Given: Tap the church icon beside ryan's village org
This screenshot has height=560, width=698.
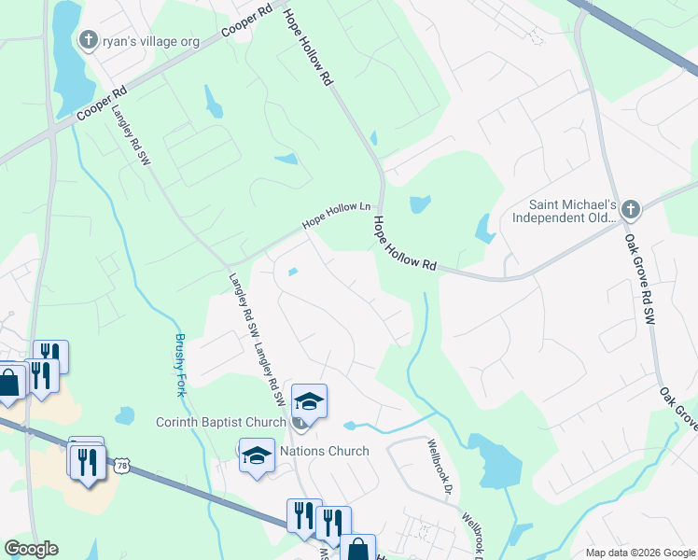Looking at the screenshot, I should click(89, 40).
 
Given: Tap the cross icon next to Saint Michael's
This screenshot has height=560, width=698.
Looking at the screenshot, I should click(630, 209).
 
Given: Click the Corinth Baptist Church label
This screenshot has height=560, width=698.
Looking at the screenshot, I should click(220, 423).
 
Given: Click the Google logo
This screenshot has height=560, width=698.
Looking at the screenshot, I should click(32, 549).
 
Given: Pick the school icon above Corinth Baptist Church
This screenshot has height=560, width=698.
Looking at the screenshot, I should click(309, 401).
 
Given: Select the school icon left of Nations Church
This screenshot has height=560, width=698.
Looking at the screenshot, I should click(257, 455).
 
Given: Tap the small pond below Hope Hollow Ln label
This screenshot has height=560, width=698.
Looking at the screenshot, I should click(294, 273).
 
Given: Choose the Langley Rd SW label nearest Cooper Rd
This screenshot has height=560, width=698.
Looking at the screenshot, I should click(131, 133).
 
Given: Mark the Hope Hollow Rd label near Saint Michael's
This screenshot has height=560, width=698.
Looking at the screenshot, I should click(404, 245).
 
